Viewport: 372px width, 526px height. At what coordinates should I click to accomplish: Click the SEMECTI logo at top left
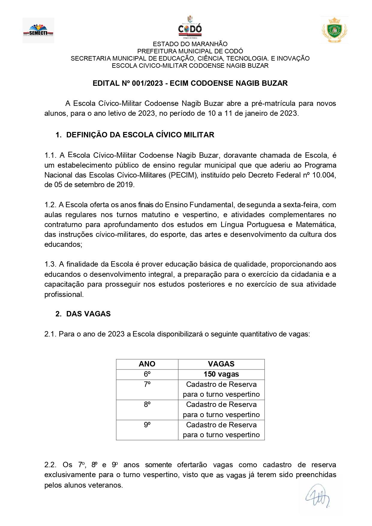coord(38,30)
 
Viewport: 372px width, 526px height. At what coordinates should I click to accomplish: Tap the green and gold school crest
coord(334,30)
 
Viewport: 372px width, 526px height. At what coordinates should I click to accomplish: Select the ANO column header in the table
coord(147,364)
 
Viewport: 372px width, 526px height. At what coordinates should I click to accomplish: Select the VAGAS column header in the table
coord(221,364)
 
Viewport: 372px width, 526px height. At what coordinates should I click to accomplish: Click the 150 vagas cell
coord(221,374)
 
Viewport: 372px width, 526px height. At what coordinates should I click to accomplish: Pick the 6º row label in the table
coord(147,374)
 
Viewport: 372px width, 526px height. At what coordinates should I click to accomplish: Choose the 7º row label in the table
coord(147,384)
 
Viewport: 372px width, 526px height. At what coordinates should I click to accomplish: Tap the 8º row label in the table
coord(147,405)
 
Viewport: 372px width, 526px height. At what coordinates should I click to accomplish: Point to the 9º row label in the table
coord(147,425)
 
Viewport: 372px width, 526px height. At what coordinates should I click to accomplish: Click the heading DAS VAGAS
coord(88,314)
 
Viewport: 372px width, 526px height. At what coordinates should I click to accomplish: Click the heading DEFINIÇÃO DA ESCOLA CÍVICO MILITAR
coord(140,135)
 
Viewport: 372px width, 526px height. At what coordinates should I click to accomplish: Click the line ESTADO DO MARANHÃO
coord(190,44)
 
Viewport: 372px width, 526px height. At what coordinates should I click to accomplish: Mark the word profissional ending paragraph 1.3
coord(64,294)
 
